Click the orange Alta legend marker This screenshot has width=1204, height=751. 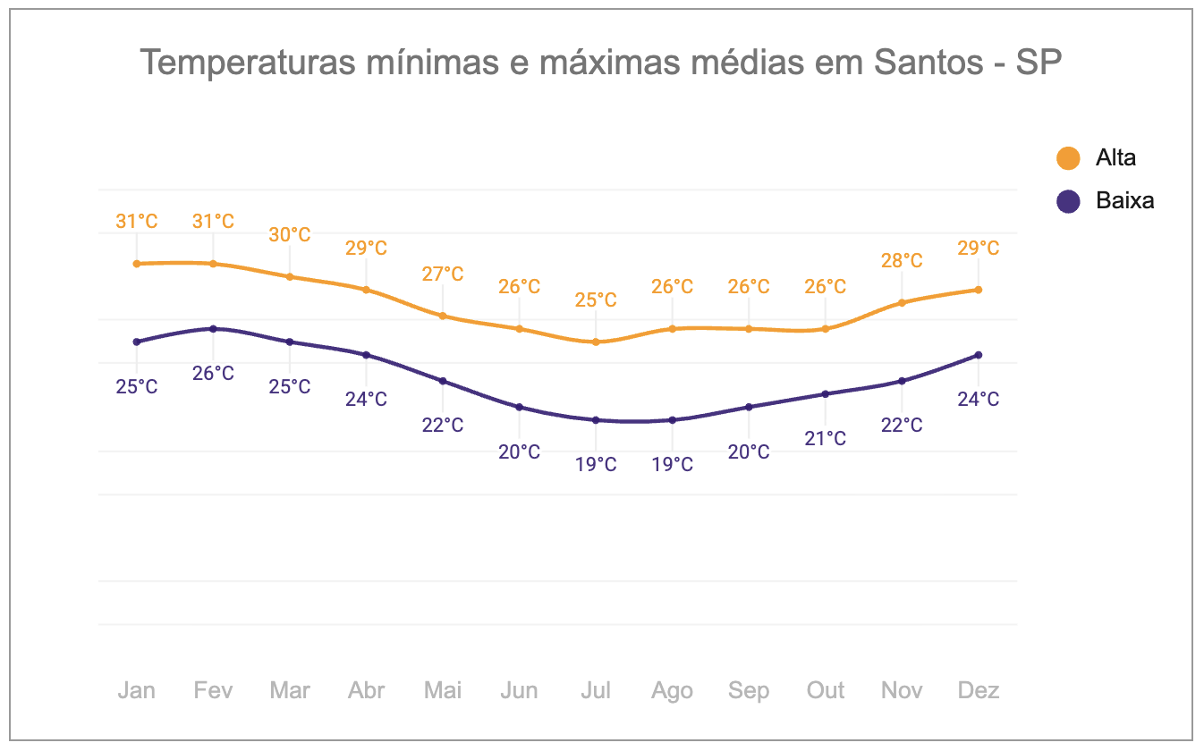[x=1068, y=158]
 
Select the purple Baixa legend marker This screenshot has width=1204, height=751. [x=1068, y=201]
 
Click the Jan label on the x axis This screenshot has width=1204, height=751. [x=136, y=690]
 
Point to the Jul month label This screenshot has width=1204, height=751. [x=596, y=690]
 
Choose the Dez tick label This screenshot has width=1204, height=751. [x=978, y=690]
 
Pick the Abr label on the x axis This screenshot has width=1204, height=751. [x=366, y=690]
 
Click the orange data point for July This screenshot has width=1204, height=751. [x=596, y=342]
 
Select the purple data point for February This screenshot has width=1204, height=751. [x=213, y=329]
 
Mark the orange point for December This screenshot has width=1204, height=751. [x=979, y=290]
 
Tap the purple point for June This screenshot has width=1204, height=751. [x=520, y=407]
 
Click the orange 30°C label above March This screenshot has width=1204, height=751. [x=290, y=235]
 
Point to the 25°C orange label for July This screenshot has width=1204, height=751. [x=596, y=300]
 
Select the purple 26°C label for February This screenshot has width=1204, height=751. [x=213, y=373]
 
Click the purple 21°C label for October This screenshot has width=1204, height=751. [x=825, y=438]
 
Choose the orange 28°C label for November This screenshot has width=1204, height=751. [x=902, y=260]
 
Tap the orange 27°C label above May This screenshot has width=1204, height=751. [x=443, y=274]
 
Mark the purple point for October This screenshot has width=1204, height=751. [x=825, y=394]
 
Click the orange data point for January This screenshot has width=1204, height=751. [x=137, y=264]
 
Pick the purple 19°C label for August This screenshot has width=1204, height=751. [x=672, y=464]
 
